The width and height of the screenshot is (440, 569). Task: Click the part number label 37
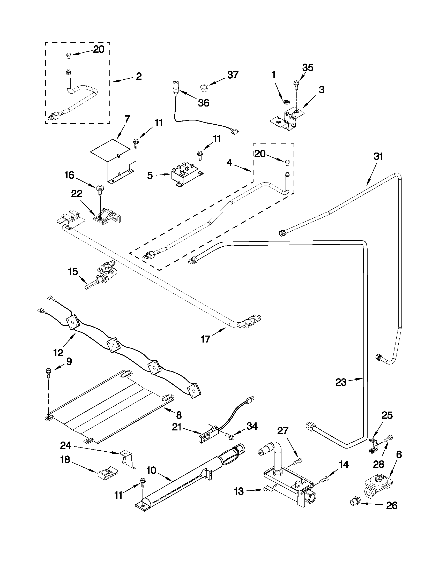233,75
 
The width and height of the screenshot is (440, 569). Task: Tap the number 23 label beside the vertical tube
341,383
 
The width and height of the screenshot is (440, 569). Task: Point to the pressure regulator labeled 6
377,483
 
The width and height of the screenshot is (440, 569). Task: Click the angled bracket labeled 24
129,459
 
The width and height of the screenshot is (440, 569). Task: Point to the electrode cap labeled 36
176,87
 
